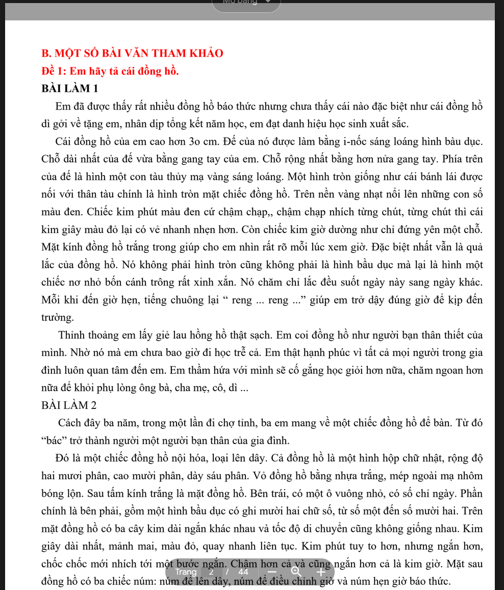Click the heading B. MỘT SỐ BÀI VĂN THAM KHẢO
pyautogui.click(x=133, y=53)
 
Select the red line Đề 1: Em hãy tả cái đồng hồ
pyautogui.click(x=110, y=70)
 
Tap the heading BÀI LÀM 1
pyautogui.click(x=70, y=88)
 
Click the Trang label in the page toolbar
pyautogui.click(x=185, y=572)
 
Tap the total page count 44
pyautogui.click(x=243, y=572)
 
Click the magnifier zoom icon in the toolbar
pyautogui.click(x=296, y=572)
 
